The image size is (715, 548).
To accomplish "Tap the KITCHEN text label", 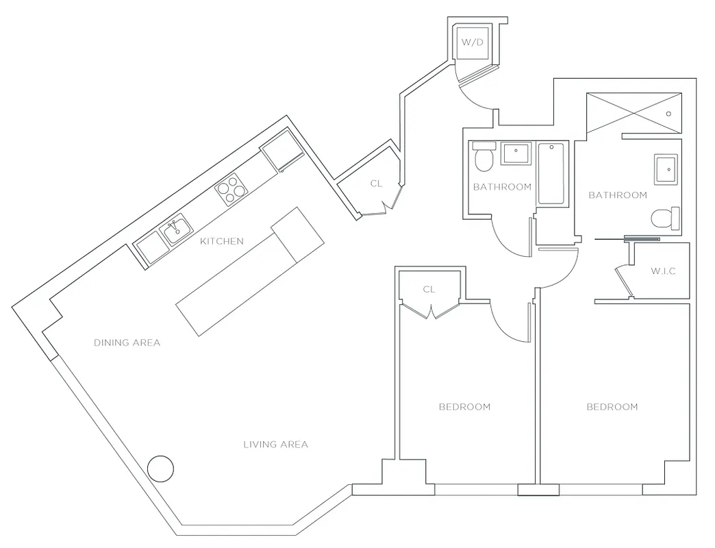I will point(222,241).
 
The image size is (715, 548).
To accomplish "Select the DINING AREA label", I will point(127,342).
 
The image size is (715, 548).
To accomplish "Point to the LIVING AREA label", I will point(275,445).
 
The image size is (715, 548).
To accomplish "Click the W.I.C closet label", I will point(663,271).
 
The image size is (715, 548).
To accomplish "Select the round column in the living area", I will point(162,469).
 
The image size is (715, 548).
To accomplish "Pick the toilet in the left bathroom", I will point(484,158).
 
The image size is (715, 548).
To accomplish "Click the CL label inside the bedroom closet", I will point(429,290).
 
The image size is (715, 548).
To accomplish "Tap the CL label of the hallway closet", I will point(376,184).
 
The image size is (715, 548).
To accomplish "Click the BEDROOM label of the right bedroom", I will point(612,407).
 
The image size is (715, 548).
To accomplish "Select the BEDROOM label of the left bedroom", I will point(464,407).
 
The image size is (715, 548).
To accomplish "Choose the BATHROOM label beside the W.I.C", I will point(618,195).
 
